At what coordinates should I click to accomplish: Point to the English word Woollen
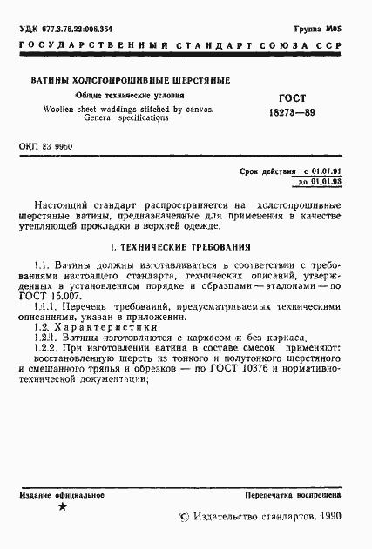(61, 109)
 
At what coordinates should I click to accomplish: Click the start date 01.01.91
(335, 174)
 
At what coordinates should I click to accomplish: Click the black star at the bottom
(61, 506)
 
